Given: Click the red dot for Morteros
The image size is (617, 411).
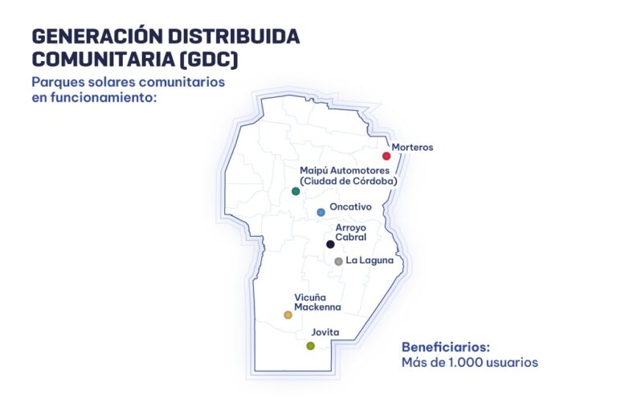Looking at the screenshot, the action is click(386, 157).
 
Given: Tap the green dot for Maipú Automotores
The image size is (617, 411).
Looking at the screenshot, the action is click(296, 192).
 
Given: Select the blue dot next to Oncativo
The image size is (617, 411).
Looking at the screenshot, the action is click(321, 213).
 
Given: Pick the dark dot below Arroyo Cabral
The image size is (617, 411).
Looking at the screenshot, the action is click(330, 244).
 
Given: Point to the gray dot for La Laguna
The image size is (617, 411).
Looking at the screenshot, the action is click(338, 262).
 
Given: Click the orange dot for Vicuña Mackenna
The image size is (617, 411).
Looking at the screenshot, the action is click(288, 315).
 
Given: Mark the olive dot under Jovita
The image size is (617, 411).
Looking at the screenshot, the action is click(310, 346).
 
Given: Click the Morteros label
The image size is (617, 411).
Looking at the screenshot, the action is click(412, 147).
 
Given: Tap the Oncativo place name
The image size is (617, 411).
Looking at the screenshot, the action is click(350, 206).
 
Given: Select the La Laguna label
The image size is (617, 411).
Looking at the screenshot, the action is click(370, 260).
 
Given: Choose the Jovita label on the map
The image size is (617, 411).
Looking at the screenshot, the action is click(325, 332).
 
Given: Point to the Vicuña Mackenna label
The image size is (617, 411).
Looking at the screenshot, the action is click(317, 302).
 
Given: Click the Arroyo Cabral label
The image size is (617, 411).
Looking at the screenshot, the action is click(350, 233).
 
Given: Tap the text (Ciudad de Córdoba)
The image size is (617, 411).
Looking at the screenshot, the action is click(348, 181).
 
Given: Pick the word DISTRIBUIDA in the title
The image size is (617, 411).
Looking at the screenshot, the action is click(234, 36).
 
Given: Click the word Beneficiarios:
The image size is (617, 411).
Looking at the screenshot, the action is click(445, 348).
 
